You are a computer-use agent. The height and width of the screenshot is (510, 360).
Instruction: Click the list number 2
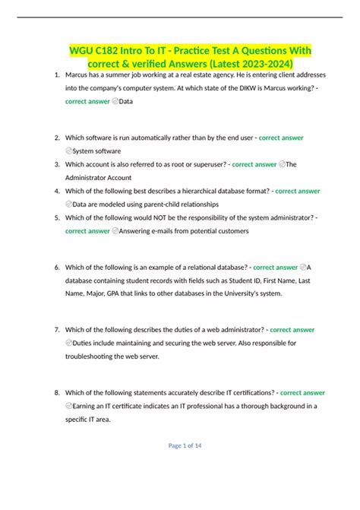58,138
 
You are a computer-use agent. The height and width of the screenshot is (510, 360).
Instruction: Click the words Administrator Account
99,177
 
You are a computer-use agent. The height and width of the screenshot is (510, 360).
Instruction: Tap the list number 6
58,268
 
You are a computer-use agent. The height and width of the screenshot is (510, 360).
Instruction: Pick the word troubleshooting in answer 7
98,356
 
